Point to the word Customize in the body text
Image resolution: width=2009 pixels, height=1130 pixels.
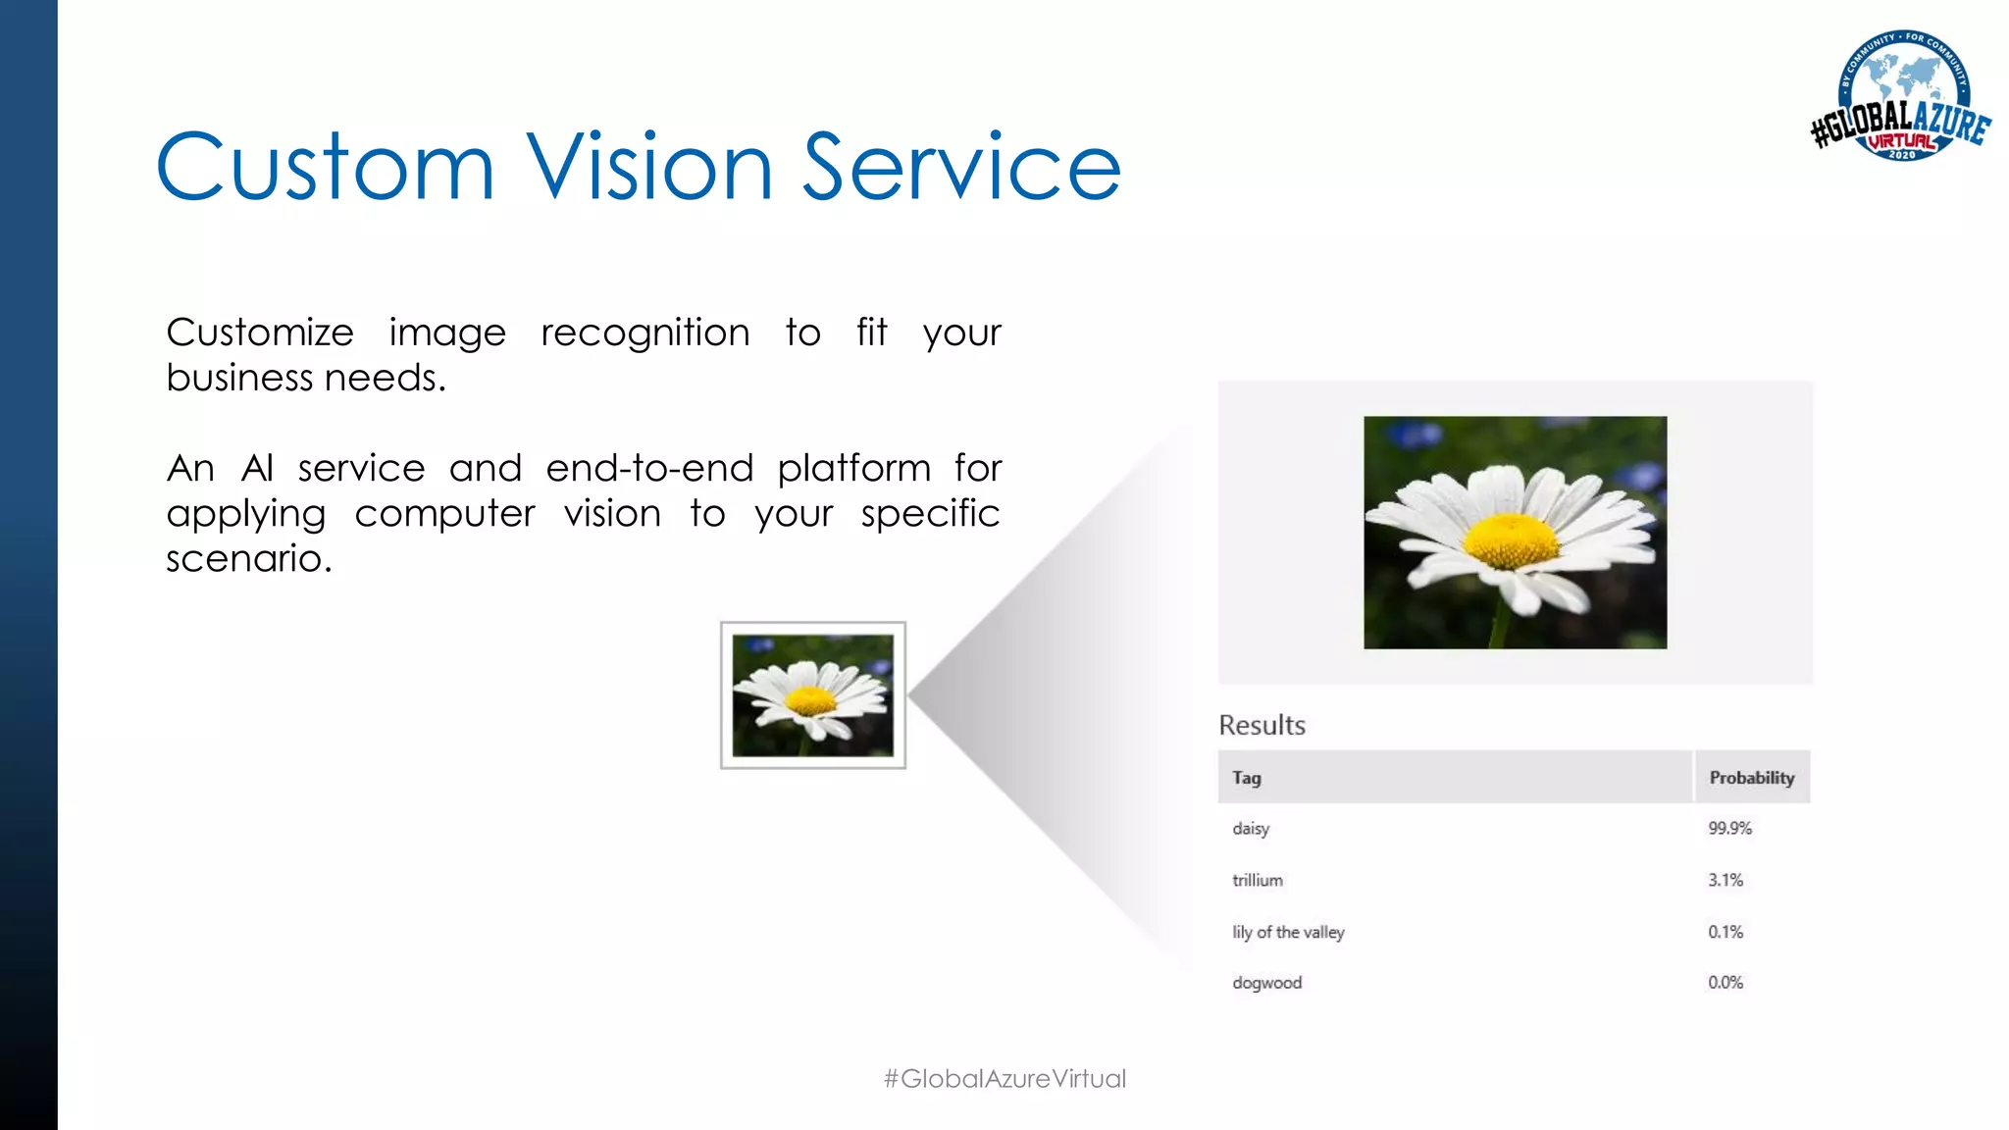[x=260, y=333]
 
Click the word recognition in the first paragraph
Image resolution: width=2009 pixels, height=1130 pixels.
[x=644, y=334]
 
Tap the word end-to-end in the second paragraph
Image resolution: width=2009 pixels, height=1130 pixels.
[x=649, y=468]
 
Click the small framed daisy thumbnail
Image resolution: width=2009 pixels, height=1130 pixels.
[x=812, y=694]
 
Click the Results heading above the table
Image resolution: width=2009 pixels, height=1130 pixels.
[x=1262, y=725]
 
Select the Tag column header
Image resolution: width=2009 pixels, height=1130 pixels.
[x=1247, y=778]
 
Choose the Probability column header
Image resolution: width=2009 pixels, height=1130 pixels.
[x=1751, y=778]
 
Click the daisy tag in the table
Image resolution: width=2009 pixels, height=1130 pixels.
[x=1251, y=829]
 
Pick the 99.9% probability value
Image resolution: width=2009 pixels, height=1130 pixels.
[x=1729, y=829]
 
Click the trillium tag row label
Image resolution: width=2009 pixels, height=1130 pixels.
[x=1258, y=881]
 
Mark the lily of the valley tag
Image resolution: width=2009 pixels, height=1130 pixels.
[x=1288, y=932]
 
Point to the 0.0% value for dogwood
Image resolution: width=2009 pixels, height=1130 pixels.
[x=1726, y=983]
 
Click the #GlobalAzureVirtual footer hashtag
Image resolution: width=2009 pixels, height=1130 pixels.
[x=1004, y=1079]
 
